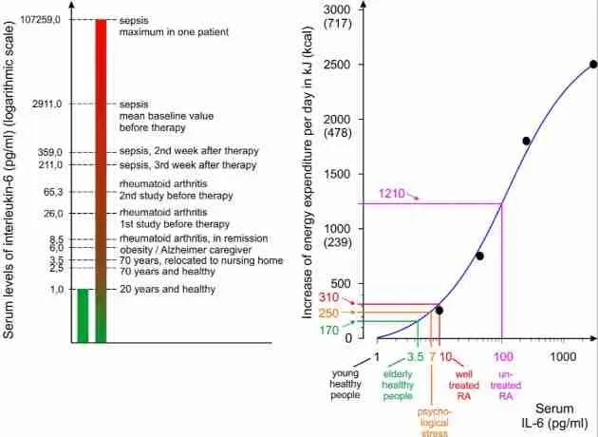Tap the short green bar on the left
(82, 314)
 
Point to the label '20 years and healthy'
(167, 289)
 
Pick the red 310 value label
(328, 297)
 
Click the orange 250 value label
(328, 313)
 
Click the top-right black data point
(593, 65)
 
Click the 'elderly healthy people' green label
(398, 384)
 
